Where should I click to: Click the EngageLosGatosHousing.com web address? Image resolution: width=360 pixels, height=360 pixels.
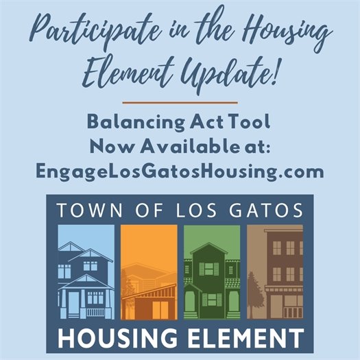pyautogui.click(x=179, y=171)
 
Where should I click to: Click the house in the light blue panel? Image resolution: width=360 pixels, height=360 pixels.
pyautogui.click(x=85, y=281)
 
